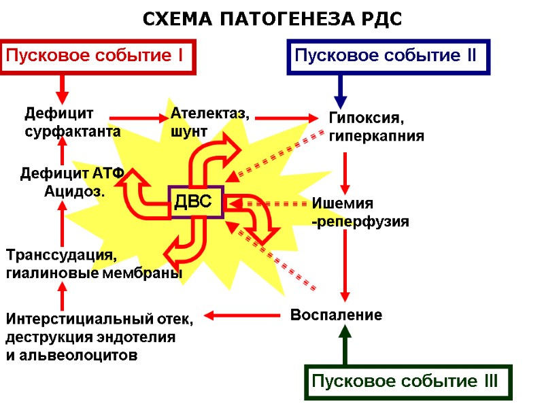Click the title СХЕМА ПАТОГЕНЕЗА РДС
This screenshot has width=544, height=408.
click(272, 20)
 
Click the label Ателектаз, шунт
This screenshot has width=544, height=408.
click(209, 122)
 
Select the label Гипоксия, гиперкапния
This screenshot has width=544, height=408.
click(376, 126)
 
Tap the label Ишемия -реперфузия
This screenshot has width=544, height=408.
click(360, 212)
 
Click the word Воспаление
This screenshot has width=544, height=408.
click(336, 316)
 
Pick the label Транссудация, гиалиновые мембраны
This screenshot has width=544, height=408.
click(94, 264)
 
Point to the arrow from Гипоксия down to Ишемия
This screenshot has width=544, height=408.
click(345, 173)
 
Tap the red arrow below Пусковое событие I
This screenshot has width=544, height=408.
click(62, 87)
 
